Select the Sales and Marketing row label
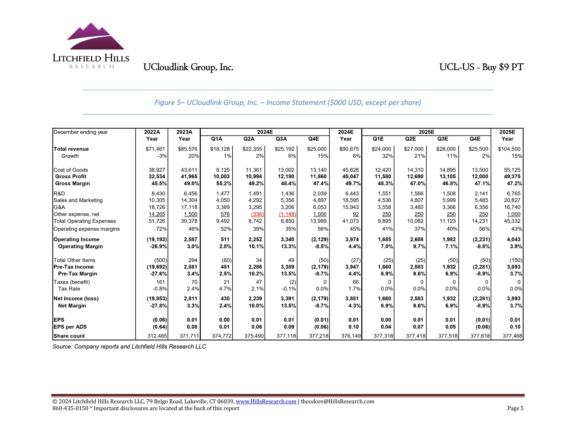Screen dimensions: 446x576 click(x=78, y=200)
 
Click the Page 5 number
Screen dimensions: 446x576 click(x=515, y=408)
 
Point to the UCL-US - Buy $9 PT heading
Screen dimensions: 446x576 click(x=481, y=67)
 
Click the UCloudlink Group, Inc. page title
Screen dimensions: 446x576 click(x=188, y=67)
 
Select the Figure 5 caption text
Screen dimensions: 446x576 click(x=288, y=102)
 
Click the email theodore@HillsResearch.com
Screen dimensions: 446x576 click(x=337, y=402)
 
